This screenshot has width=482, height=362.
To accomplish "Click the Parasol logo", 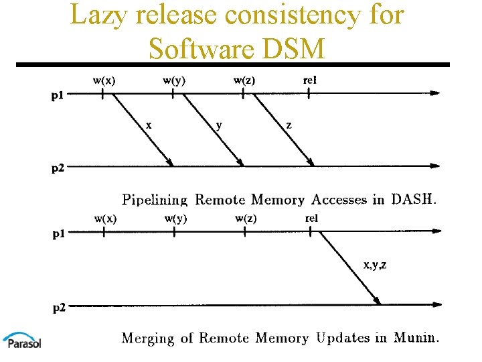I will [21, 340].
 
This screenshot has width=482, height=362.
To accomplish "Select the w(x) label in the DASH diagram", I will [104, 81].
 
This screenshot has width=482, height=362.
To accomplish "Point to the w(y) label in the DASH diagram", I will [174, 81].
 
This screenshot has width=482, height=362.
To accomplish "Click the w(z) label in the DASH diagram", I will [244, 81].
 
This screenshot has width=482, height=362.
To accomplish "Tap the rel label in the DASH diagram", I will [310, 81].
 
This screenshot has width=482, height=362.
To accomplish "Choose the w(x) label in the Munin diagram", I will [105, 219].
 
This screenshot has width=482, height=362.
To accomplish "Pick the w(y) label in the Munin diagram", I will [175, 219].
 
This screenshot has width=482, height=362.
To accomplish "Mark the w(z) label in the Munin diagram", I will [246, 219].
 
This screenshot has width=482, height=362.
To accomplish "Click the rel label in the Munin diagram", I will [311, 219].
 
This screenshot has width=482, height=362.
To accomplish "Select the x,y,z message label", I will [374, 265].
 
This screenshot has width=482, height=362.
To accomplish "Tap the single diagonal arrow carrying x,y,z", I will [349, 268].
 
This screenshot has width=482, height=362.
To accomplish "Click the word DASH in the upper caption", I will [413, 199].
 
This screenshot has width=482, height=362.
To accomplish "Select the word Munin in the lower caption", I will [416, 338].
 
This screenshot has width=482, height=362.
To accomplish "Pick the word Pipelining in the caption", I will [155, 200].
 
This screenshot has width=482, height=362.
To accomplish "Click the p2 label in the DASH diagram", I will [58, 168].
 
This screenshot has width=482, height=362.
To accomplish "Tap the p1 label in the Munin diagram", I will [60, 235].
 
